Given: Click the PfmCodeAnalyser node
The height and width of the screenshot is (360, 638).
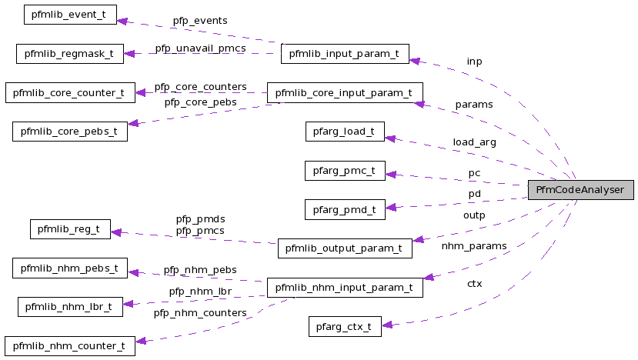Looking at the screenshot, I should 580,190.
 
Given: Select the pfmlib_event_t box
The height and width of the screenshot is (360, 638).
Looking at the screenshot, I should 70,15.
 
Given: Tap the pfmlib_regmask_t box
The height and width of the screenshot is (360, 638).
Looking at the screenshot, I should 69,54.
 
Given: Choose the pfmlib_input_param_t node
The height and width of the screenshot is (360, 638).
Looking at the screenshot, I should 344,54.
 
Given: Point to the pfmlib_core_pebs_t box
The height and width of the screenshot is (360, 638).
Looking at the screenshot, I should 70,132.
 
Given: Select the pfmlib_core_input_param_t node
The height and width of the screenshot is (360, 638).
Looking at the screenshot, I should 344,93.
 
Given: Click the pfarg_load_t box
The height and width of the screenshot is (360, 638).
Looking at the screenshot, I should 344,132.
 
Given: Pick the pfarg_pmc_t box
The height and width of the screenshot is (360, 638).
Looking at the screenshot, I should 344,171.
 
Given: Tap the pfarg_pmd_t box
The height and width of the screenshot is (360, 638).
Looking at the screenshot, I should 344,209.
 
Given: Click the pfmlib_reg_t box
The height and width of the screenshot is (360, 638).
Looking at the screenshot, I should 70,228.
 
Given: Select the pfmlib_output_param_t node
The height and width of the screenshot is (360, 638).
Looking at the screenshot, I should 344,248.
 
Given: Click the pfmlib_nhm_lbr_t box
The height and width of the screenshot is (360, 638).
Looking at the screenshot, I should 70,307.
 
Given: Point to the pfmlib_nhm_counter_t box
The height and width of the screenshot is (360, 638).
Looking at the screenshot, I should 70,345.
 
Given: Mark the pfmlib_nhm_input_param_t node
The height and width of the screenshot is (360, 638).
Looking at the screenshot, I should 344,288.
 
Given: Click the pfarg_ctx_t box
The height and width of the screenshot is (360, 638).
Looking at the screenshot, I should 344,326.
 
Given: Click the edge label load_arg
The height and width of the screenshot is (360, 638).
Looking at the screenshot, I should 474,142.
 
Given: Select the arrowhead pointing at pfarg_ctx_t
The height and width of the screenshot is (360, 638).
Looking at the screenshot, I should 388,325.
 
